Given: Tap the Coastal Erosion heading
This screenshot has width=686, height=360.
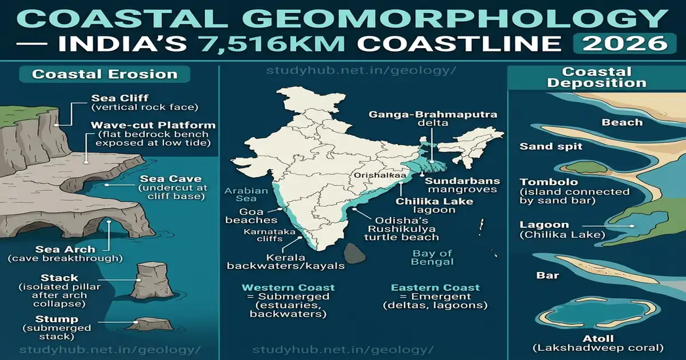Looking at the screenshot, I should (x=105, y=74).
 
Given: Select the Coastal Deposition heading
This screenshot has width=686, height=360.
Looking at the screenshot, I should (x=596, y=77).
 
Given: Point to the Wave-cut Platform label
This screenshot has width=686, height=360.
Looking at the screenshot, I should (x=152, y=125).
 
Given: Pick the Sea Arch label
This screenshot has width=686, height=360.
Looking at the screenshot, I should (x=65, y=249).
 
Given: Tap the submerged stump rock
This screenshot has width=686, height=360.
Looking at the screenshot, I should (x=149, y=323).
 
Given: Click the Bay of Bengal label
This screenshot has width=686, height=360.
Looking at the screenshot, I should (x=432, y=257).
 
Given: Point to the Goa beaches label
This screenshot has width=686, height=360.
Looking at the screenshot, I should (x=251, y=215).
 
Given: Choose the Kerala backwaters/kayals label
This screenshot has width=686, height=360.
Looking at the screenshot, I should (x=286, y=261).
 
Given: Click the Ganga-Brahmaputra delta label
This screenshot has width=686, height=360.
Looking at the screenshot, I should (x=433, y=119).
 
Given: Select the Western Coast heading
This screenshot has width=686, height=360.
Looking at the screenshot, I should (x=288, y=287).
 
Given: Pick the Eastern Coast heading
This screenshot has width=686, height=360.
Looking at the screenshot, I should (x=435, y=287).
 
